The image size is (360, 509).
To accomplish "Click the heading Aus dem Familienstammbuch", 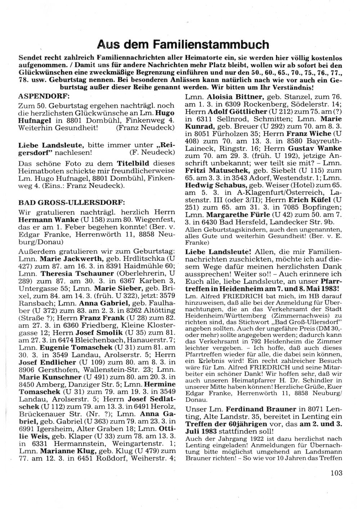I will click(x=183, y=45).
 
